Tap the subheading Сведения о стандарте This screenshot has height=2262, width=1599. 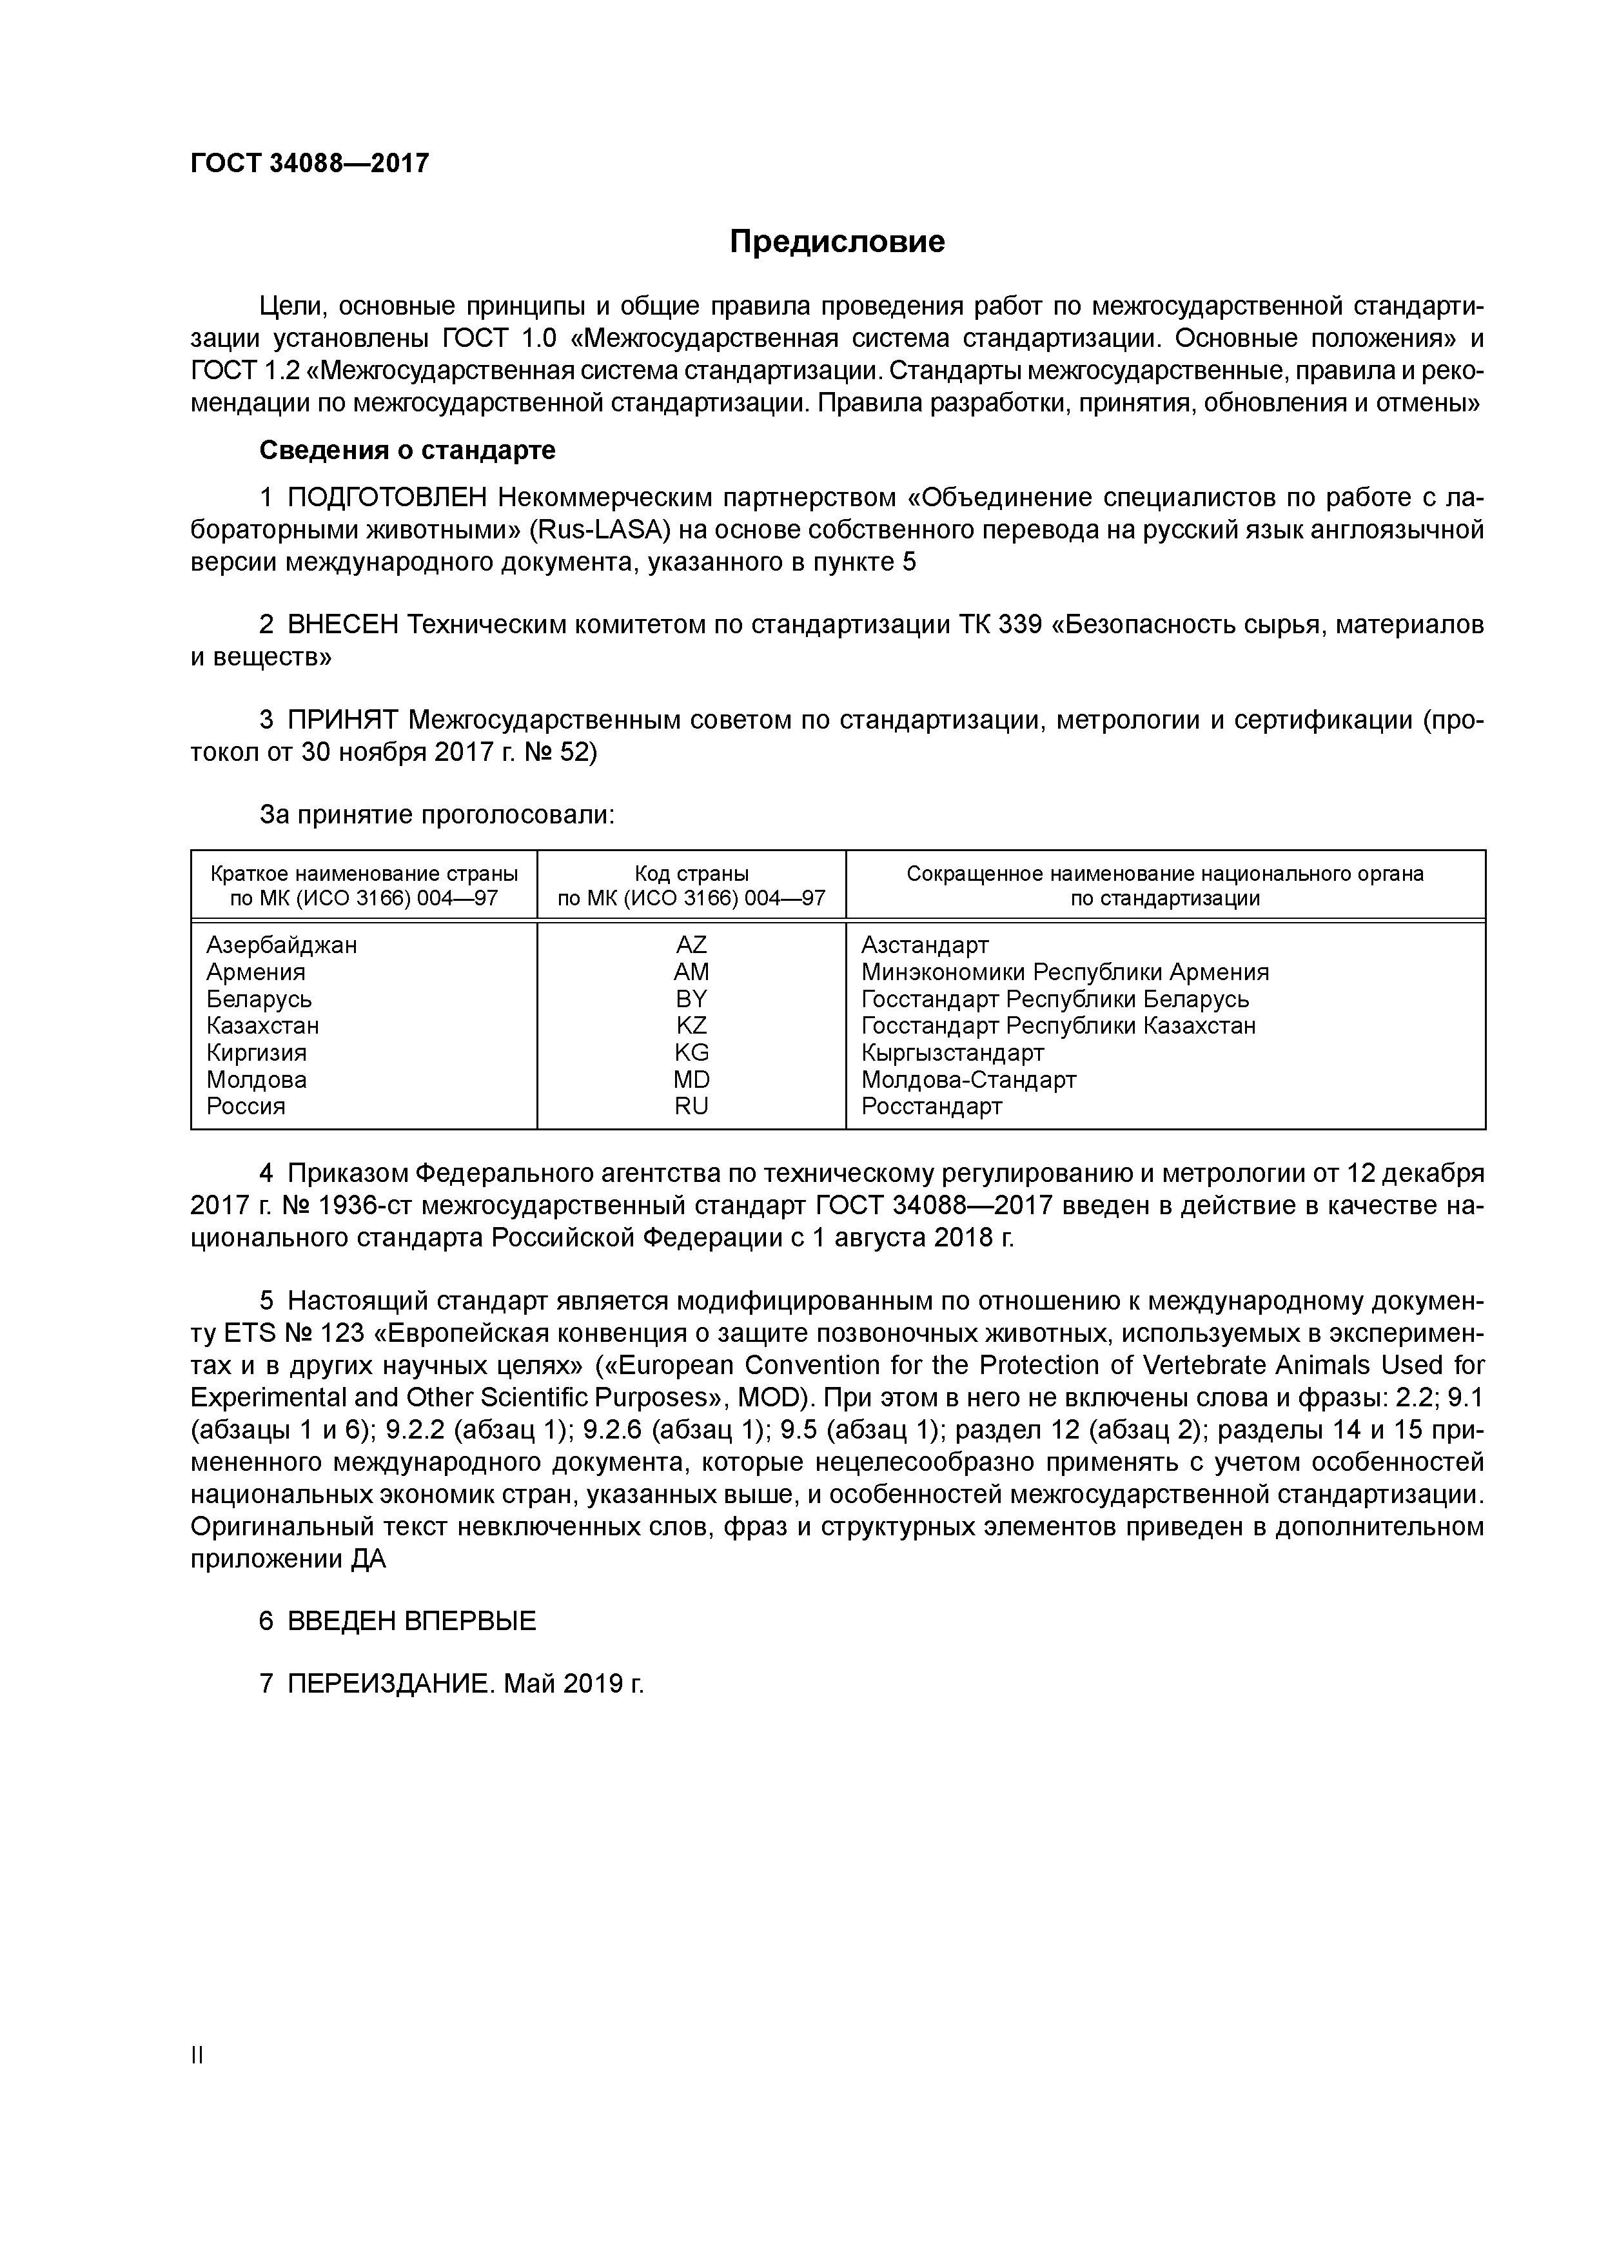(x=407, y=450)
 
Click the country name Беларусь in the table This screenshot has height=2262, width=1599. (x=259, y=999)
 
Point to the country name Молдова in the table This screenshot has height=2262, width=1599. (x=256, y=1080)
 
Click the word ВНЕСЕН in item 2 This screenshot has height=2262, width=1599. (x=343, y=625)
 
